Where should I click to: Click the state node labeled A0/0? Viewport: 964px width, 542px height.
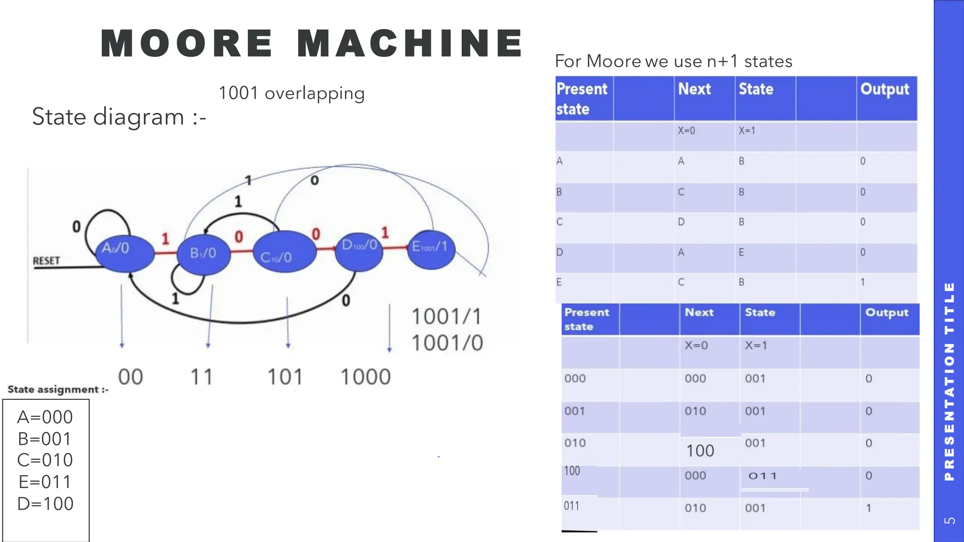click(125, 253)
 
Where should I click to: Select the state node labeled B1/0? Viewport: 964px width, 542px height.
click(203, 254)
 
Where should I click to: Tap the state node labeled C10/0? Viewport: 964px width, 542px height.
click(284, 252)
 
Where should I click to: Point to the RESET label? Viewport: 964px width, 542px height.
click(47, 261)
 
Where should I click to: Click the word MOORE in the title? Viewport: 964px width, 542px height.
click(186, 43)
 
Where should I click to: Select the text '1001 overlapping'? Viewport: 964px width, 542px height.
click(291, 93)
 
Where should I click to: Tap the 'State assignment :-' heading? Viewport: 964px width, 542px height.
click(58, 390)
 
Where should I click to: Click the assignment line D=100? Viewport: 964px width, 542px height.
click(45, 503)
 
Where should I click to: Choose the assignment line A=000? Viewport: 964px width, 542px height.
click(45, 417)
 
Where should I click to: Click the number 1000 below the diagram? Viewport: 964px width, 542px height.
click(365, 377)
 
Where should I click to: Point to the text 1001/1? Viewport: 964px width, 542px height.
click(447, 317)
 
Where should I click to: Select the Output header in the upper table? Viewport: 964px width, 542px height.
click(884, 89)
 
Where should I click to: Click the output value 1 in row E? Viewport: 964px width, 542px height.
click(862, 282)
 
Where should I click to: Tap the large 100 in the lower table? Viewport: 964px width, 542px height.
click(700, 451)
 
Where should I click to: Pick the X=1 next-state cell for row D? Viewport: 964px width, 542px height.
click(741, 253)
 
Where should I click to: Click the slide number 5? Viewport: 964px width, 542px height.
click(949, 520)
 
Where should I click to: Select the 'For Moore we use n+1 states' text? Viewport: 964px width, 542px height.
click(673, 61)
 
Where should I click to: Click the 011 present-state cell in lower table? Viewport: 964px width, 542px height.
click(571, 506)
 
